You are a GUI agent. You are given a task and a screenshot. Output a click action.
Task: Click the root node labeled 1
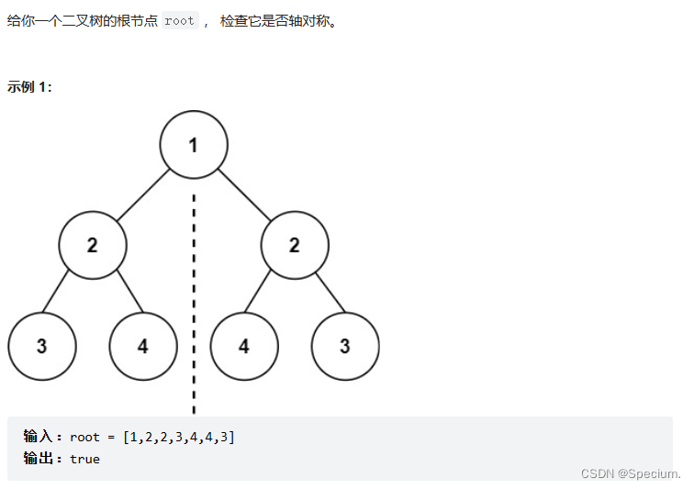[x=193, y=145]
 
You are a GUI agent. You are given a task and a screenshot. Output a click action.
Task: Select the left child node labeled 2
[x=92, y=246]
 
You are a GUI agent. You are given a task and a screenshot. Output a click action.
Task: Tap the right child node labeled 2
[x=294, y=246]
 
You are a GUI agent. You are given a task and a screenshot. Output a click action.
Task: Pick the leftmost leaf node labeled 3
[x=41, y=346]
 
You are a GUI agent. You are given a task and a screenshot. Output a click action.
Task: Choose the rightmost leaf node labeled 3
[x=344, y=346]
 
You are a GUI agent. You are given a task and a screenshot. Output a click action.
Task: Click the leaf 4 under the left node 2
[x=142, y=346]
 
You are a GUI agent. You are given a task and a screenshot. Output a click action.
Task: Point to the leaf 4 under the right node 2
[x=243, y=346]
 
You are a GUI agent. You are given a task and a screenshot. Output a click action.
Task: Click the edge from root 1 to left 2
[x=142, y=195]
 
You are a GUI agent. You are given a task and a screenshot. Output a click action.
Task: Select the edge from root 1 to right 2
[x=243, y=195]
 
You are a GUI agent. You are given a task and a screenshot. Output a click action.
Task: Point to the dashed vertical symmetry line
[x=193, y=303]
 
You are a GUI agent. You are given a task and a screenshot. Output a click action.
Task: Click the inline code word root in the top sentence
[x=180, y=21]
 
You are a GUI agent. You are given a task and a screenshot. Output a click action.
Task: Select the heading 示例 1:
[x=29, y=87]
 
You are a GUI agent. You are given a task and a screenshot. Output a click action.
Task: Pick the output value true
[x=84, y=458]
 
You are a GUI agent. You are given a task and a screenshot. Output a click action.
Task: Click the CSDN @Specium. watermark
[x=631, y=473]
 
